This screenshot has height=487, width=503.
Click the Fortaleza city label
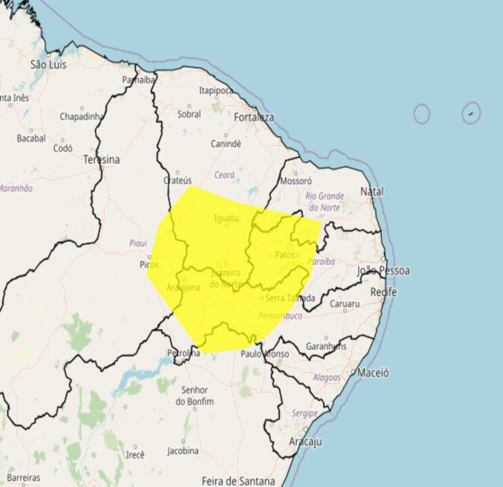[254, 117]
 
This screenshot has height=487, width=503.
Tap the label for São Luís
[49, 64]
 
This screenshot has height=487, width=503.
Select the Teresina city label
[101, 160]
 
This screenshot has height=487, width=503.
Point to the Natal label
[372, 192]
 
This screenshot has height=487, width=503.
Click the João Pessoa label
[383, 271]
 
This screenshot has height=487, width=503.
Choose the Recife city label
[383, 292]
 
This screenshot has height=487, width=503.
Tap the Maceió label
[373, 372]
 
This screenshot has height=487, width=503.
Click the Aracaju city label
[305, 442]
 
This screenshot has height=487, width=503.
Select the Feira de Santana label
[238, 481]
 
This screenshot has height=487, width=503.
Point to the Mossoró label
[296, 181]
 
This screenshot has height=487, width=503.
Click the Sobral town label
[189, 114]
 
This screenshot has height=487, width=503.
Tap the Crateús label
[179, 181]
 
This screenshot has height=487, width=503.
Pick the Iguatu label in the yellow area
[227, 218]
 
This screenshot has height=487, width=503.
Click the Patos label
[286, 255]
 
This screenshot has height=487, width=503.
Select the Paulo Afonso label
[265, 354]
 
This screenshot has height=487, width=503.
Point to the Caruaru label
[345, 304]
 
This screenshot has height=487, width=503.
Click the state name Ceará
[224, 175]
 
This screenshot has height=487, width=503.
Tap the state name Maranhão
[15, 188]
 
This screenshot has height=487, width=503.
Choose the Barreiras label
[24, 478]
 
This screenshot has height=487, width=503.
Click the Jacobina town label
[183, 450]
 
